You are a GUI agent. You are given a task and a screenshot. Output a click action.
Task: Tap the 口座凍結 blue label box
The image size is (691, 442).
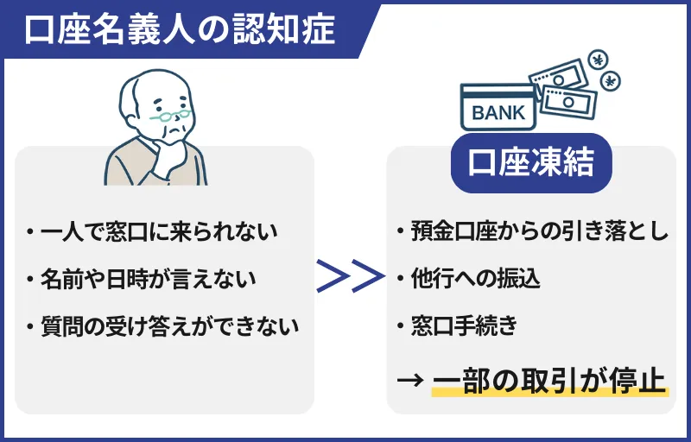pos(531,161)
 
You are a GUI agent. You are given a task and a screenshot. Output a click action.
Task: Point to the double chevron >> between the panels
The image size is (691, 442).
pos(349,278)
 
